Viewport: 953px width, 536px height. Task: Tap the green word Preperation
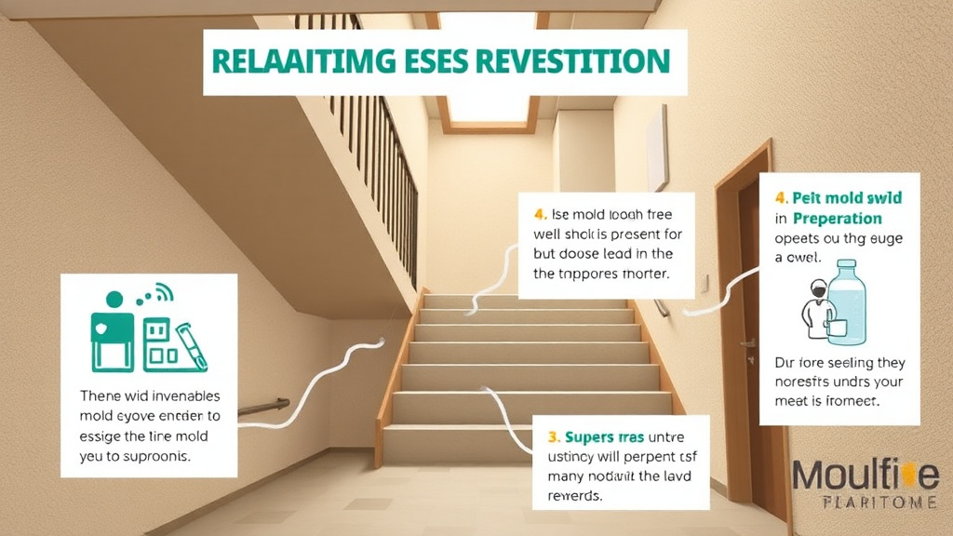coord(837,219)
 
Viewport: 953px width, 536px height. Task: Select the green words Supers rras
coord(595,435)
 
